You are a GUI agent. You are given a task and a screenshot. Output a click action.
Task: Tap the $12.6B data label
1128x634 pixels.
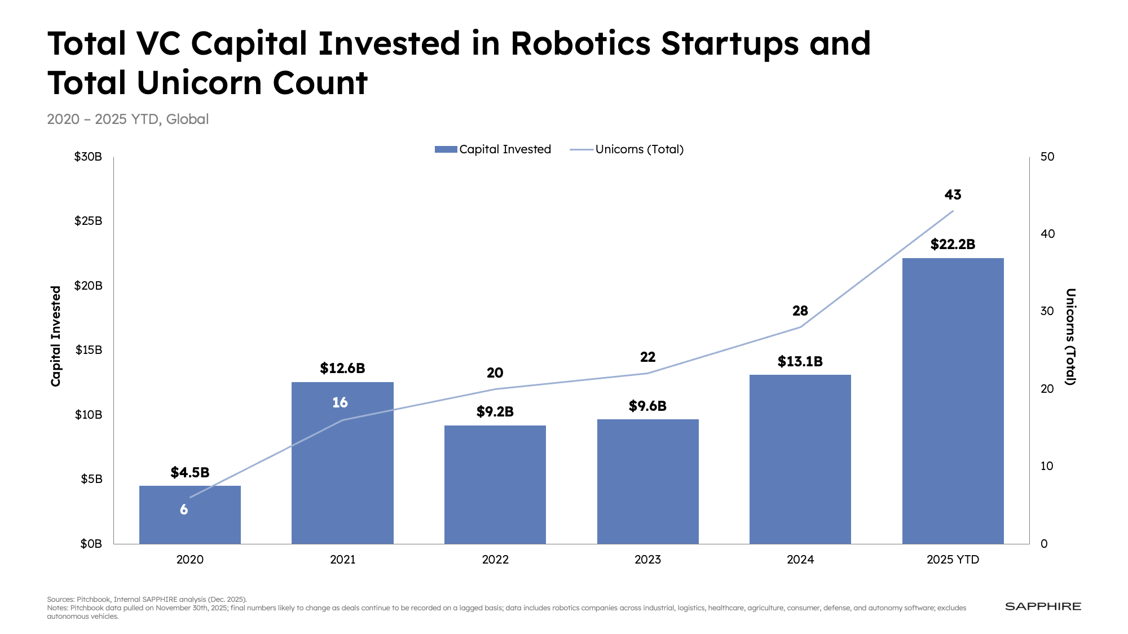(x=342, y=369)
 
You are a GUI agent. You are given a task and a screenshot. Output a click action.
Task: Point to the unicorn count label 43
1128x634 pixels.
(x=953, y=195)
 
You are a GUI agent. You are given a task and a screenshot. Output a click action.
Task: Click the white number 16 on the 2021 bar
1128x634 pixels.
(x=340, y=402)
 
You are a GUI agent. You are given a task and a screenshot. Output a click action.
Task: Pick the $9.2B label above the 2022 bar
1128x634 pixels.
(x=495, y=412)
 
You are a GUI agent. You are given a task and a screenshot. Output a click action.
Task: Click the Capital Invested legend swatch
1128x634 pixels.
(x=446, y=149)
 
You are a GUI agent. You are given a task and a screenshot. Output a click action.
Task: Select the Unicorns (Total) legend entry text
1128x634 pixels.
(x=639, y=149)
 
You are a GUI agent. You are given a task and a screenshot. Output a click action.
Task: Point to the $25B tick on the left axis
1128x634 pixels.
(x=89, y=221)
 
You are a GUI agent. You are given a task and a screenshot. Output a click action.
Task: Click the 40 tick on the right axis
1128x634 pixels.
(x=1047, y=234)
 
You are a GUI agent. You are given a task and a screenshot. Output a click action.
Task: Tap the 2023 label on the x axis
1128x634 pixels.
(x=647, y=560)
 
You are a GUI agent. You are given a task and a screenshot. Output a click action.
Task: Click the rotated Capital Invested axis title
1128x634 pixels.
(x=56, y=336)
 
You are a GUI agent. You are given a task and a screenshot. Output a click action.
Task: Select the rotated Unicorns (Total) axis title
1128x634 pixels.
(x=1070, y=336)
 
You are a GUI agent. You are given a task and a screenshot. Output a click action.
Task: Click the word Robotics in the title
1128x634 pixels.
(x=580, y=43)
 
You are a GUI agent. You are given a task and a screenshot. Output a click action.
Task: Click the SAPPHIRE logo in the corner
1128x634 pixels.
(x=1043, y=606)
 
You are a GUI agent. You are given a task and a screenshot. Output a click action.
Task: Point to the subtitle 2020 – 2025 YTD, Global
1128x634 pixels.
(x=128, y=119)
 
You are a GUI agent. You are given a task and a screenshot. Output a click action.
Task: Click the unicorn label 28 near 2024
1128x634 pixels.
(x=800, y=311)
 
